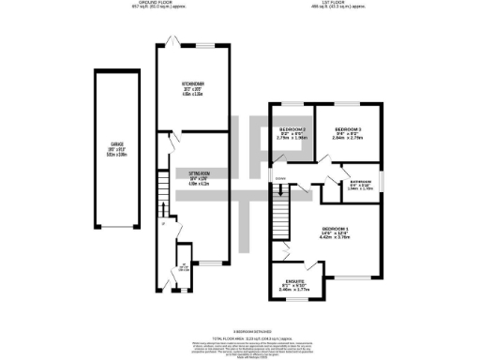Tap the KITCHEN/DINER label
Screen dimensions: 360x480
pos(193,83)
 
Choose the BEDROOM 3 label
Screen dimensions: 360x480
pos(348,128)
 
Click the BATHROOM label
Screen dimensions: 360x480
pos(360,181)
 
